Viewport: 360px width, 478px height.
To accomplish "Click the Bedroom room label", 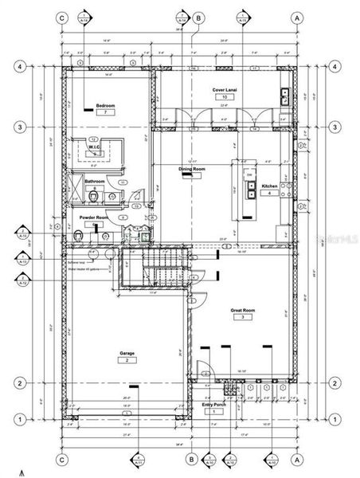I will [x=106, y=105].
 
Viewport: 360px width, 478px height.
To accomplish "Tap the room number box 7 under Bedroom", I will [x=106, y=113].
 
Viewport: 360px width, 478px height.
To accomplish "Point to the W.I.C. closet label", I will [x=94, y=147].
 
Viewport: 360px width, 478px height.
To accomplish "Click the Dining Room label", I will [x=192, y=170].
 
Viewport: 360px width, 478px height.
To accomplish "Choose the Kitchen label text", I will [x=269, y=186].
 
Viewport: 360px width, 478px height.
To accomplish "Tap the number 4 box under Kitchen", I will [x=269, y=194].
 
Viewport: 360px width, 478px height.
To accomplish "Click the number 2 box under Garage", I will [x=127, y=360].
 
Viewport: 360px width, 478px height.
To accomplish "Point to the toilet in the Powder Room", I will [x=76, y=237].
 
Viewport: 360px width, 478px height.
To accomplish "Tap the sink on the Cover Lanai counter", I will [x=284, y=96].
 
